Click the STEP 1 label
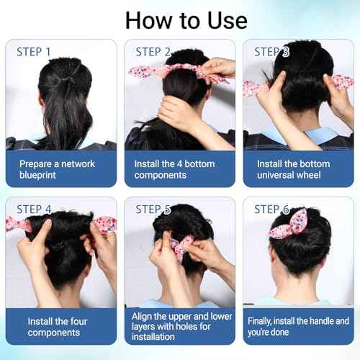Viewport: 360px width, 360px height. tap(34, 52)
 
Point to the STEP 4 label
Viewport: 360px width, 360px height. tap(34, 210)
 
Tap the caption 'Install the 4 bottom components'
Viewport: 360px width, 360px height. tap(175, 169)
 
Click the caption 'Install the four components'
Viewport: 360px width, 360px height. tap(57, 326)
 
